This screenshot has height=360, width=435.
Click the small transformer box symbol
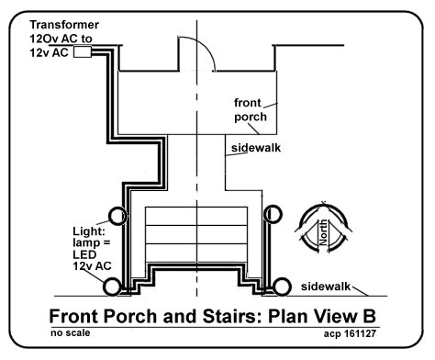83,52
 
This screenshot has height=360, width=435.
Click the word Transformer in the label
64,25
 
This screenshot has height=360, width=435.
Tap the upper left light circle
117,216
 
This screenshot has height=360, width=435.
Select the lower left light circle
112,287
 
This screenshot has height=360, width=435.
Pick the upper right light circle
273,214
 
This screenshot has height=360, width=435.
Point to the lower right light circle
282,287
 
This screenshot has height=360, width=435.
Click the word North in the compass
323,232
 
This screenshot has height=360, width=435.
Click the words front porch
251,110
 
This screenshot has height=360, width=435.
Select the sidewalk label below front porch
256,148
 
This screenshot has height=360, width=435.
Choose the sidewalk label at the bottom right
326,287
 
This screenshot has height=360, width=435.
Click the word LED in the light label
84,254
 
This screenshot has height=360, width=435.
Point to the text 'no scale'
71,332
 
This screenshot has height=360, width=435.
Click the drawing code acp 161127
350,333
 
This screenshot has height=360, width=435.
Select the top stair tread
196,216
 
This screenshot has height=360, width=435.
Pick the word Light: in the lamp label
89,231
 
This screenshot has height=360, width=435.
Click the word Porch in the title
130,316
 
